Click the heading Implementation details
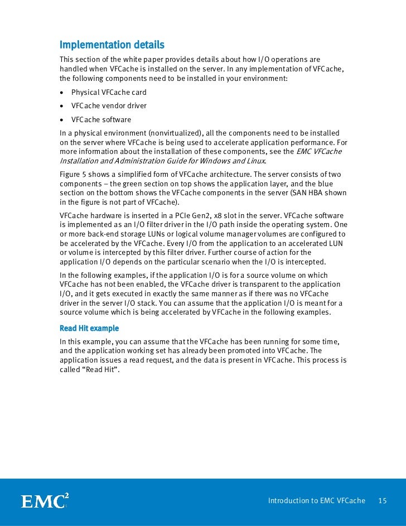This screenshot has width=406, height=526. [x=112, y=44]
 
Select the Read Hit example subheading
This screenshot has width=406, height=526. [x=89, y=327]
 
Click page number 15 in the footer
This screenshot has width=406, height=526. [x=382, y=501]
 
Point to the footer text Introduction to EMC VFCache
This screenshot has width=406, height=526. [x=316, y=501]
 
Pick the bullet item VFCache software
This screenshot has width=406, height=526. [x=101, y=120]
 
